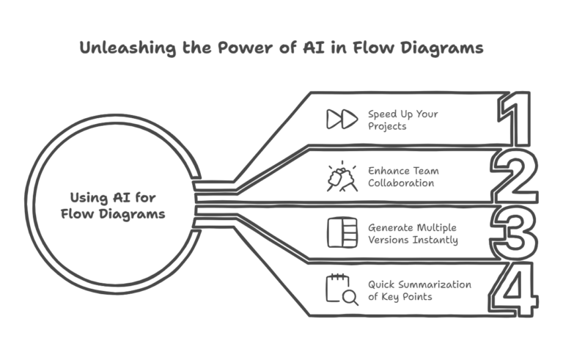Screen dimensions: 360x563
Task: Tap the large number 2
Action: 515,176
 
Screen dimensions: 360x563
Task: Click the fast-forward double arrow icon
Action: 342,120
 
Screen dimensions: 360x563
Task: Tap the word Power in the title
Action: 248,48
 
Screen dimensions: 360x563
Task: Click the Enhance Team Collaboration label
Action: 404,177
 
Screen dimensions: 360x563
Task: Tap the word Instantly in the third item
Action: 435,239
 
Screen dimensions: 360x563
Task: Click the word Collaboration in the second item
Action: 402,183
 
